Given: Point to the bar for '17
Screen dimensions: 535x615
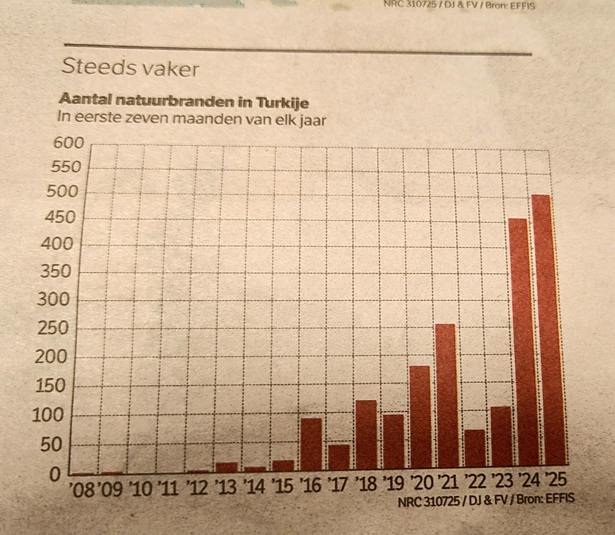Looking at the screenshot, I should coord(339,457).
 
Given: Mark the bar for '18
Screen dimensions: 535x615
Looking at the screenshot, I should coord(366,434).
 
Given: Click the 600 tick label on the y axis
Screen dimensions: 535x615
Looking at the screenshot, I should coord(69,143).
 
